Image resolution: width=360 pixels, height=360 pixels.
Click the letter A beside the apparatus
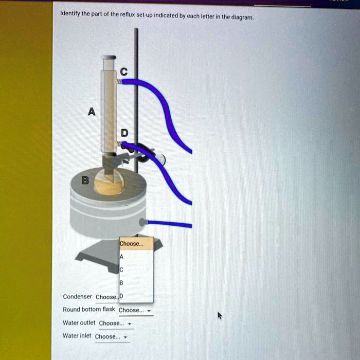tap(91, 112)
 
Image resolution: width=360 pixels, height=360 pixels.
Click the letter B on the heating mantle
tap(85, 180)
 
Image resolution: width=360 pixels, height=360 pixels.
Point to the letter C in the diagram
tap(124, 71)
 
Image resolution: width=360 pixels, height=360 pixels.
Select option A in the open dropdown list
tap(121, 257)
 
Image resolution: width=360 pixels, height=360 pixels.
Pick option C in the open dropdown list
tap(121, 269)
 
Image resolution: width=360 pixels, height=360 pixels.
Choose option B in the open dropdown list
tap(121, 283)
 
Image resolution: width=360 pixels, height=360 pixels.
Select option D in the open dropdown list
tap(121, 296)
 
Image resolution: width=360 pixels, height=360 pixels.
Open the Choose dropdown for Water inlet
tap(112, 336)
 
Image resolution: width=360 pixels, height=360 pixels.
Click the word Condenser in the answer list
tap(77, 297)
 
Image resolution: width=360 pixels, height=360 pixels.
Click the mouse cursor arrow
tap(220, 314)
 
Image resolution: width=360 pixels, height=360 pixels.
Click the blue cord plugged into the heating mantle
tap(170, 224)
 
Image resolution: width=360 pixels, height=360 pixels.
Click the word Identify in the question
tap(71, 13)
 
